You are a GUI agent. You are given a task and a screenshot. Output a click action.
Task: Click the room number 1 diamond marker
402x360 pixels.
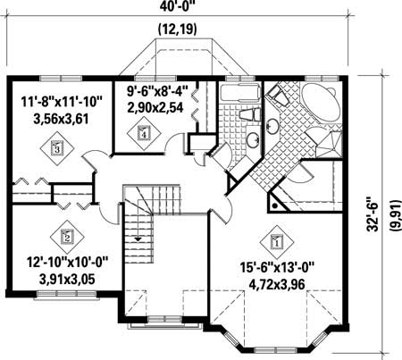tap(275, 241)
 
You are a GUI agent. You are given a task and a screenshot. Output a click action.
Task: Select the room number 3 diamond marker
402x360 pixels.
tap(58, 148)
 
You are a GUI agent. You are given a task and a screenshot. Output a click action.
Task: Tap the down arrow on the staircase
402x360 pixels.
tap(139, 239)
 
